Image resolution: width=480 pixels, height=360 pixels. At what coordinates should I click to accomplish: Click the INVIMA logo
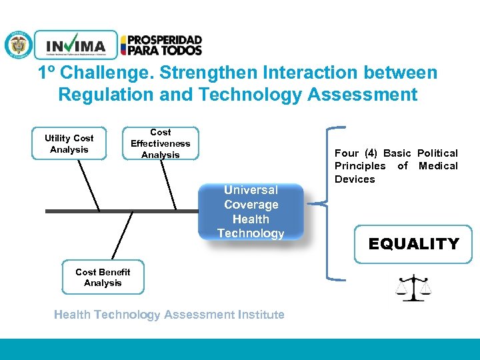[x=75, y=45]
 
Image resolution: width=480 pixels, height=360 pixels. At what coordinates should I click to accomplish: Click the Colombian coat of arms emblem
[x=18, y=45]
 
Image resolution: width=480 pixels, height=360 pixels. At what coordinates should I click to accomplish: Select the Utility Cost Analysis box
[x=69, y=144]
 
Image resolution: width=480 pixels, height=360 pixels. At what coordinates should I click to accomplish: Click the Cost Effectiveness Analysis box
[x=160, y=144]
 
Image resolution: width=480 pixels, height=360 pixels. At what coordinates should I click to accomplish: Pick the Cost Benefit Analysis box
[x=103, y=277]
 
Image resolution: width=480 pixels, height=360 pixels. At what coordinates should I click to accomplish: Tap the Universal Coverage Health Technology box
[x=251, y=212]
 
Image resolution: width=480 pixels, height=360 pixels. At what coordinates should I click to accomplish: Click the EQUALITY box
[x=413, y=244]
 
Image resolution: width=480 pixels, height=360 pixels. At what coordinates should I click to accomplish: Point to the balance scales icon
[x=413, y=287]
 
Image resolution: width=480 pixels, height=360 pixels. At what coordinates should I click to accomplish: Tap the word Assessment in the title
[x=363, y=95]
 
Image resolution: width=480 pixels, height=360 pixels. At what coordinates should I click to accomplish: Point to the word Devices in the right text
[x=355, y=179]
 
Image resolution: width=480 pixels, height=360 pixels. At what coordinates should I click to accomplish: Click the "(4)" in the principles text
[x=371, y=153]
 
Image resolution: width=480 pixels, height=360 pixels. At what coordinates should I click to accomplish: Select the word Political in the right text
[x=437, y=153]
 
